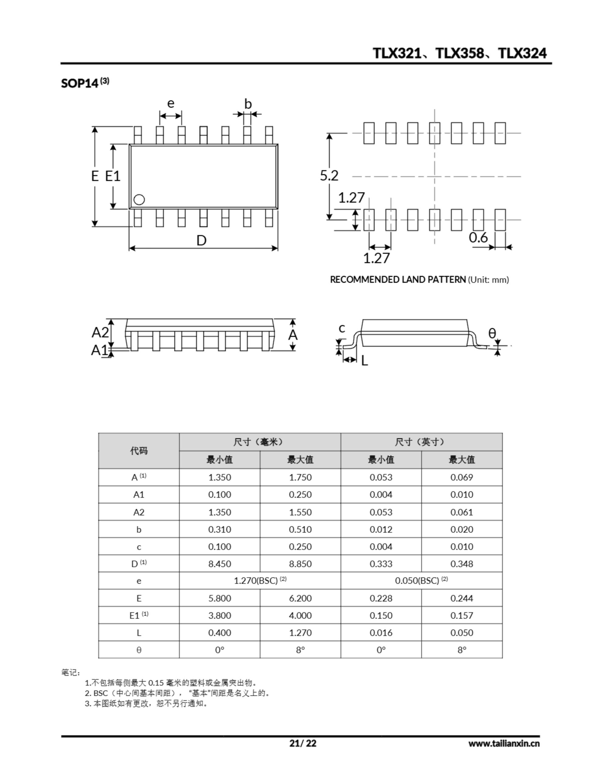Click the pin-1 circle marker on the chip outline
tap(139, 200)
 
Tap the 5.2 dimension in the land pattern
tap(329, 176)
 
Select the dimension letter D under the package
tap(201, 241)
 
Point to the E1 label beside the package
tap(113, 176)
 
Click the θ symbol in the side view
tap(492, 333)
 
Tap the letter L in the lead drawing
tap(364, 361)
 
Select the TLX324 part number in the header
tap(522, 53)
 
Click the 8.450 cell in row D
tap(219, 564)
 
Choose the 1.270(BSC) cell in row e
tap(260, 581)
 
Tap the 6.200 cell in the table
tap(300, 598)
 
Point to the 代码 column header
tap(139, 451)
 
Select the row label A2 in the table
tap(139, 512)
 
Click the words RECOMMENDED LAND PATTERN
tap(398, 280)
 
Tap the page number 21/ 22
tap(302, 743)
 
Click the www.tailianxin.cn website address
tap(504, 743)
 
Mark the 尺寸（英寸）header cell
tap(421, 442)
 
